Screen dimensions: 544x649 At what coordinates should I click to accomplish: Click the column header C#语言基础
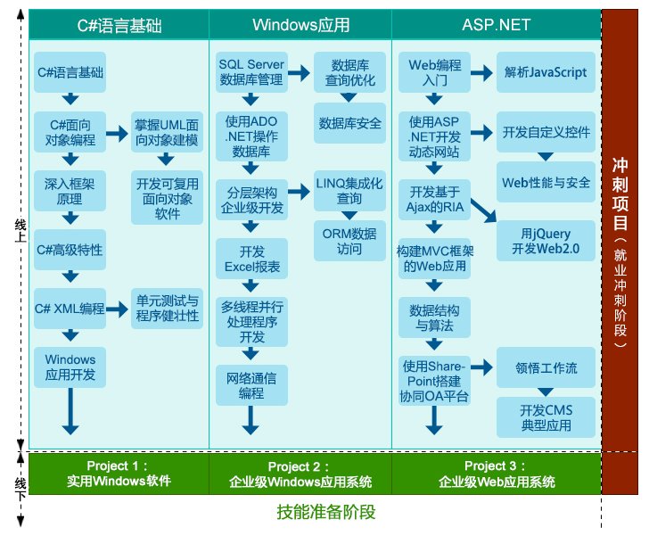119,25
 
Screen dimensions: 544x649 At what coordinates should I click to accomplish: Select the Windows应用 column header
300,25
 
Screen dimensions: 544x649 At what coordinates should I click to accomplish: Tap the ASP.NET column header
496,25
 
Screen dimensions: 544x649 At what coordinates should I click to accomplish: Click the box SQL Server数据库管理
251,72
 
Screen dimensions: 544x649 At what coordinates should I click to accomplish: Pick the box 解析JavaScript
546,72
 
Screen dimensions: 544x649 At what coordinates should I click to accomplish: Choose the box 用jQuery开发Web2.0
546,241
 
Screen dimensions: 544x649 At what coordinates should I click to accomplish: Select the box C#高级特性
70,250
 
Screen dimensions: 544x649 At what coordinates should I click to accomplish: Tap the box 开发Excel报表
251,259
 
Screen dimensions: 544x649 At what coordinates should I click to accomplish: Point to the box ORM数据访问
349,241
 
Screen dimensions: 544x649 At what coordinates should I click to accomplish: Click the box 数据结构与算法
434,318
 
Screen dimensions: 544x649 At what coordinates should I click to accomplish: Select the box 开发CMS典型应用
546,417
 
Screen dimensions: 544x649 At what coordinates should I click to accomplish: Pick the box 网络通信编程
251,385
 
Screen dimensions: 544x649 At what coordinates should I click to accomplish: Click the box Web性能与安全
546,183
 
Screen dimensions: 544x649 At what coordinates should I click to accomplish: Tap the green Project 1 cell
119,474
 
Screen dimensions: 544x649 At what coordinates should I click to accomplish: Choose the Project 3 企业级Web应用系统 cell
496,474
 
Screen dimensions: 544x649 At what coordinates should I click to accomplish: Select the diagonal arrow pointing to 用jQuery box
483,210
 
